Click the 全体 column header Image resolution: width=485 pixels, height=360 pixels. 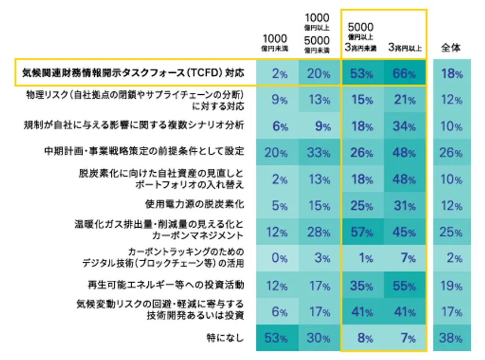coord(452,48)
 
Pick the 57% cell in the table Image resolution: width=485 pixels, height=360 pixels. coord(361,232)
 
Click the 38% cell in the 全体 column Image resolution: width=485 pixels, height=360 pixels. coord(452,339)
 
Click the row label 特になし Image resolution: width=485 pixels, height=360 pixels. coord(225,337)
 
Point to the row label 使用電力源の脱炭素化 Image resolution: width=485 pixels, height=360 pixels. coord(195,204)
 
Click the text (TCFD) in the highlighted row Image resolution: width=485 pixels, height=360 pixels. coord(202,74)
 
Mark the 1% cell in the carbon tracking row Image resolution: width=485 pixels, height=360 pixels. coord(361,258)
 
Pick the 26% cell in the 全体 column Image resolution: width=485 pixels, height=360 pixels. coord(452,152)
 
